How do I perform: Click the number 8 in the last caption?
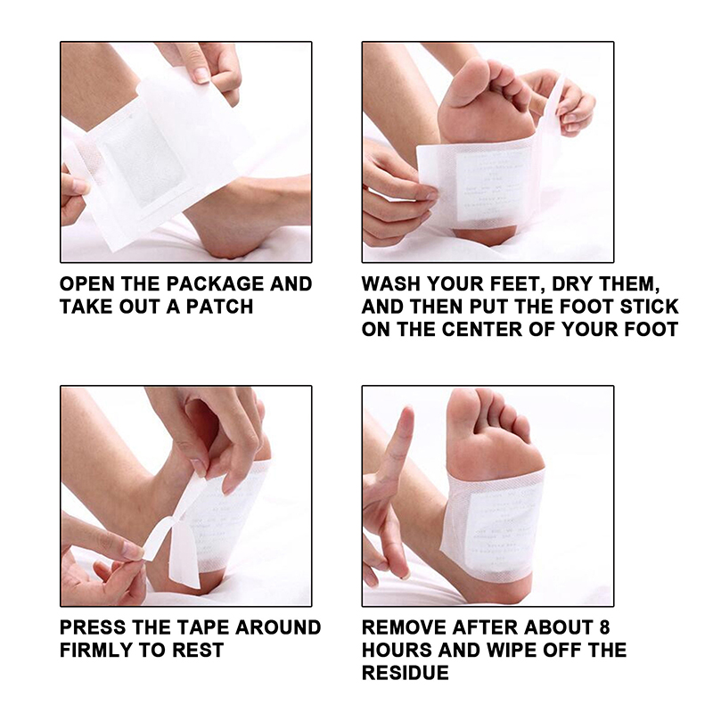tap(604, 627)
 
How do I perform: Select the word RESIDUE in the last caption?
tap(406, 673)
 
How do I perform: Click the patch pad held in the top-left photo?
tap(141, 160)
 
